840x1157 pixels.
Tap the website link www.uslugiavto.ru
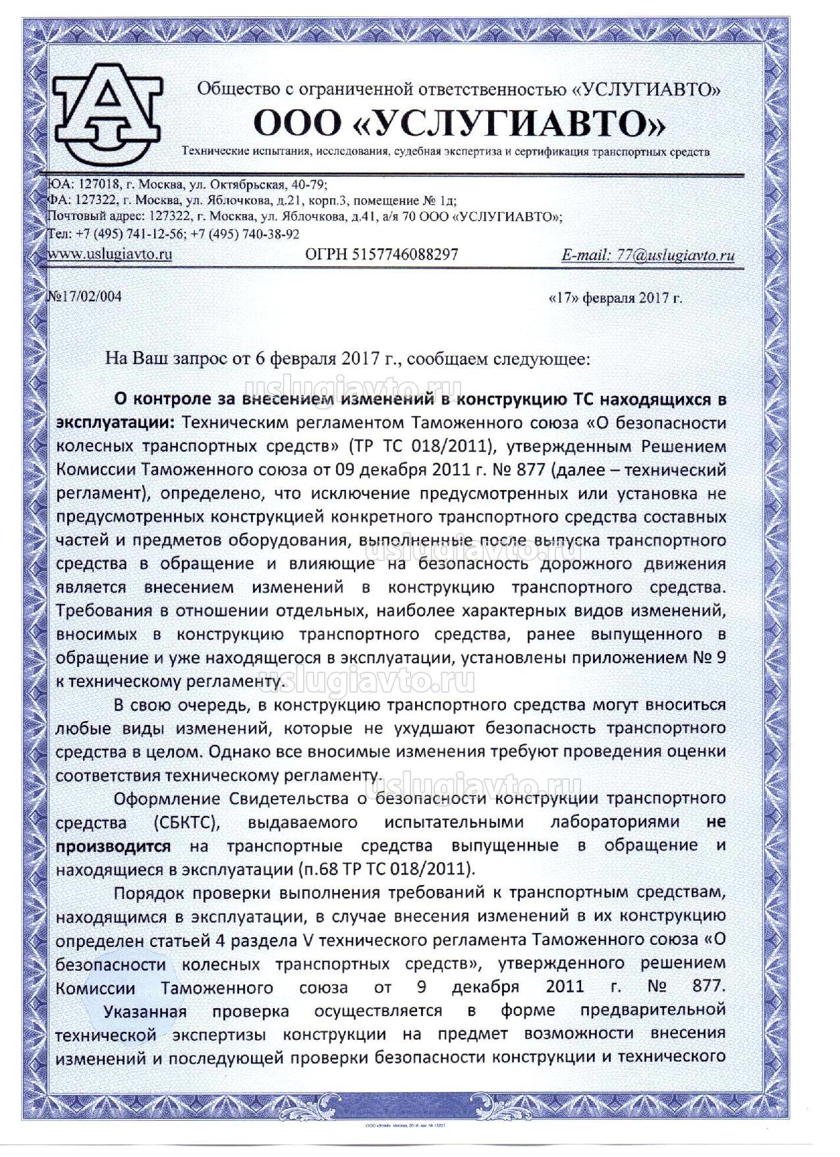point(111,254)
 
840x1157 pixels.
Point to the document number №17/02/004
point(86,296)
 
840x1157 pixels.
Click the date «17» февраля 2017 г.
point(615,298)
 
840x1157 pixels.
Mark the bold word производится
point(113,846)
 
